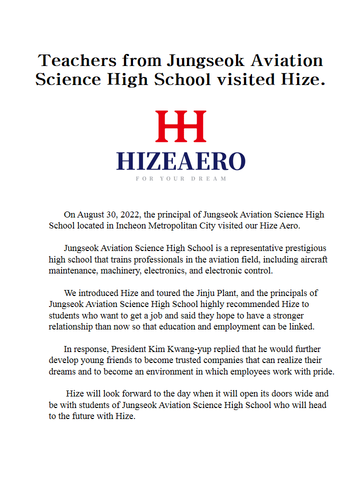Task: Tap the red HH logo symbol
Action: click(180, 126)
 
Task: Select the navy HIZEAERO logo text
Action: click(180, 161)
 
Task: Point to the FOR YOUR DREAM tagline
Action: click(180, 178)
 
